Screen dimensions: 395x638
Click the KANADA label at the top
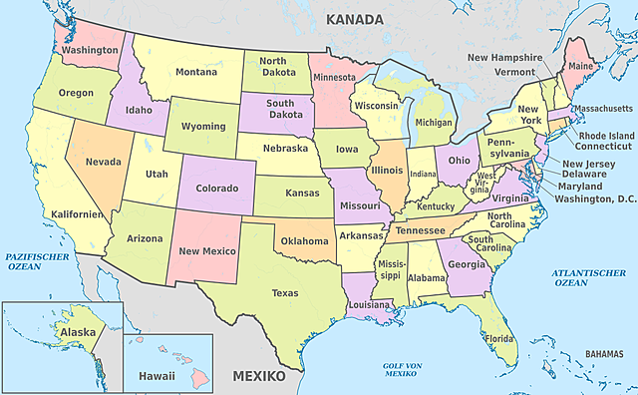[355, 19]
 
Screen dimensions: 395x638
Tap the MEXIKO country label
[258, 377]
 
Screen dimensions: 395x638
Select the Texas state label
[285, 293]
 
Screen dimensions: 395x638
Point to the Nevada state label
[104, 162]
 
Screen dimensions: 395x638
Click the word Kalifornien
[72, 214]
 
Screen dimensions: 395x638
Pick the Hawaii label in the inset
[157, 376]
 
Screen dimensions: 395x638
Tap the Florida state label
[499, 338]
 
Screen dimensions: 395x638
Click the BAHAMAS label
[604, 353]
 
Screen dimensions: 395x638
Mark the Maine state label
[580, 67]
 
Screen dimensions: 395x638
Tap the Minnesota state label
[333, 77]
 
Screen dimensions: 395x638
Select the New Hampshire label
[504, 58]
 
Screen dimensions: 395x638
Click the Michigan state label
[434, 123]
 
